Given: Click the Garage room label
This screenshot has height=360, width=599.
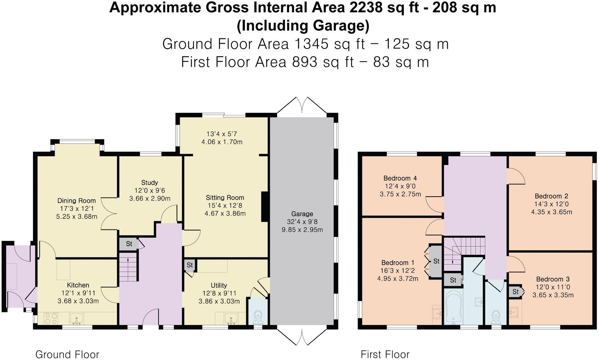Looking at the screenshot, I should [302, 214].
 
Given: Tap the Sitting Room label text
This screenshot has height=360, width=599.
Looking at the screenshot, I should [225, 198].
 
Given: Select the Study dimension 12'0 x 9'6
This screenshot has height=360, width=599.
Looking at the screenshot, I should [149, 191].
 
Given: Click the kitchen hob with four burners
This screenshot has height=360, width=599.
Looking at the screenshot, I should [51, 318].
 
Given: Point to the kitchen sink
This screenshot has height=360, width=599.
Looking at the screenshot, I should [76, 319].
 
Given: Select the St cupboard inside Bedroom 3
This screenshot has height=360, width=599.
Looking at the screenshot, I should [515, 292].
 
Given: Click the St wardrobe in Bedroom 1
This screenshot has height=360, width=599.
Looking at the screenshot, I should [436, 261].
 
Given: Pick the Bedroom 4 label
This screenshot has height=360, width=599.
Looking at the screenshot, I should [400, 178].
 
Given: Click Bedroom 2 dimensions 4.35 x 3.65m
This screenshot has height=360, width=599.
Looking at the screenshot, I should [551, 212].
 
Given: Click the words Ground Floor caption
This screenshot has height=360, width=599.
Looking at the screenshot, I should [67, 354].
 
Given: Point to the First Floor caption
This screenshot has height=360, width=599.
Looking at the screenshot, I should [385, 354].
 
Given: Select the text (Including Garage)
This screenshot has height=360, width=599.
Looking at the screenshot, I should [303, 26].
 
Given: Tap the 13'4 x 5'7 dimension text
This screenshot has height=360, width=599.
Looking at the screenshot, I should [222, 134].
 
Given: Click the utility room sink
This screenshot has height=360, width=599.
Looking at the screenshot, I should [231, 319].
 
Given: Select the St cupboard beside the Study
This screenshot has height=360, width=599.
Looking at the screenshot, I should [129, 244].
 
